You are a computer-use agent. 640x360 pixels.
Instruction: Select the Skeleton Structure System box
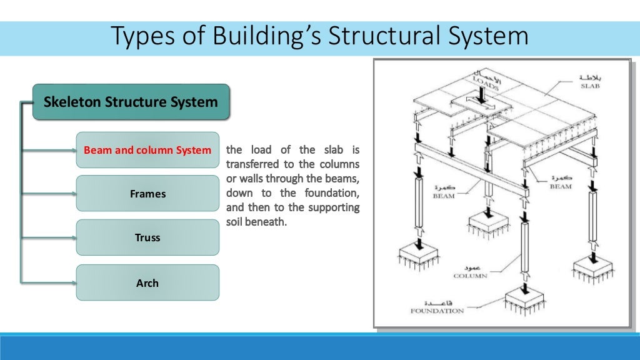131,102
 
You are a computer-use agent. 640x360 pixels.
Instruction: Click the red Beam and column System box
147,150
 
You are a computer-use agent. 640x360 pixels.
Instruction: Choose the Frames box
147,194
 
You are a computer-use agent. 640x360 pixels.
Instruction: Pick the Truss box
147,237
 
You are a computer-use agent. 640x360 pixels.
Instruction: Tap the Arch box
147,282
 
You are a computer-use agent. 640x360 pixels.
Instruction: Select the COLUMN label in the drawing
471,275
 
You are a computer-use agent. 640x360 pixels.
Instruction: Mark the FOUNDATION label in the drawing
437,310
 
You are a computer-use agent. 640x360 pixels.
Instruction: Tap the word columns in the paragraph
341,164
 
